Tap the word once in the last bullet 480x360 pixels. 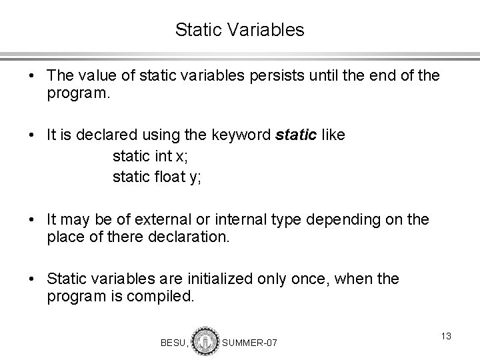[310, 279]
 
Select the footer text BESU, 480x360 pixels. [175, 343]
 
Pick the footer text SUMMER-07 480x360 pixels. [249, 343]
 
